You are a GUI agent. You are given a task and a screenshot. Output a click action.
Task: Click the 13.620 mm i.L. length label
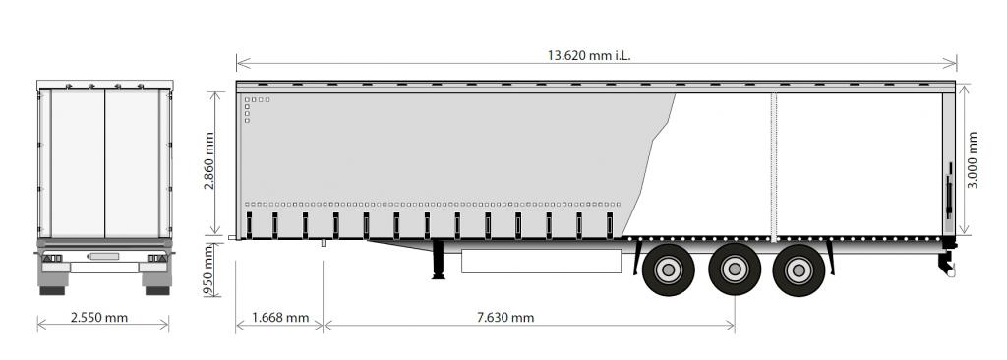(589, 55)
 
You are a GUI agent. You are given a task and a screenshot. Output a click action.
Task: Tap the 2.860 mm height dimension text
(209, 160)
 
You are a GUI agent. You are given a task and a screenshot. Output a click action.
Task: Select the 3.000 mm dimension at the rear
(973, 159)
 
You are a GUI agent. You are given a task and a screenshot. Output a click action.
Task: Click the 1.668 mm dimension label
(280, 318)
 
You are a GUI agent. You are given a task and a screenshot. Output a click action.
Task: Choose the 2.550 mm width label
(99, 318)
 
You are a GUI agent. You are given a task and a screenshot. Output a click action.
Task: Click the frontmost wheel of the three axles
(668, 270)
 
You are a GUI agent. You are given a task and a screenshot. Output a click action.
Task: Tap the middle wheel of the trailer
(734, 270)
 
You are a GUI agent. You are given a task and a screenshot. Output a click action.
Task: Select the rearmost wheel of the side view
(799, 270)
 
